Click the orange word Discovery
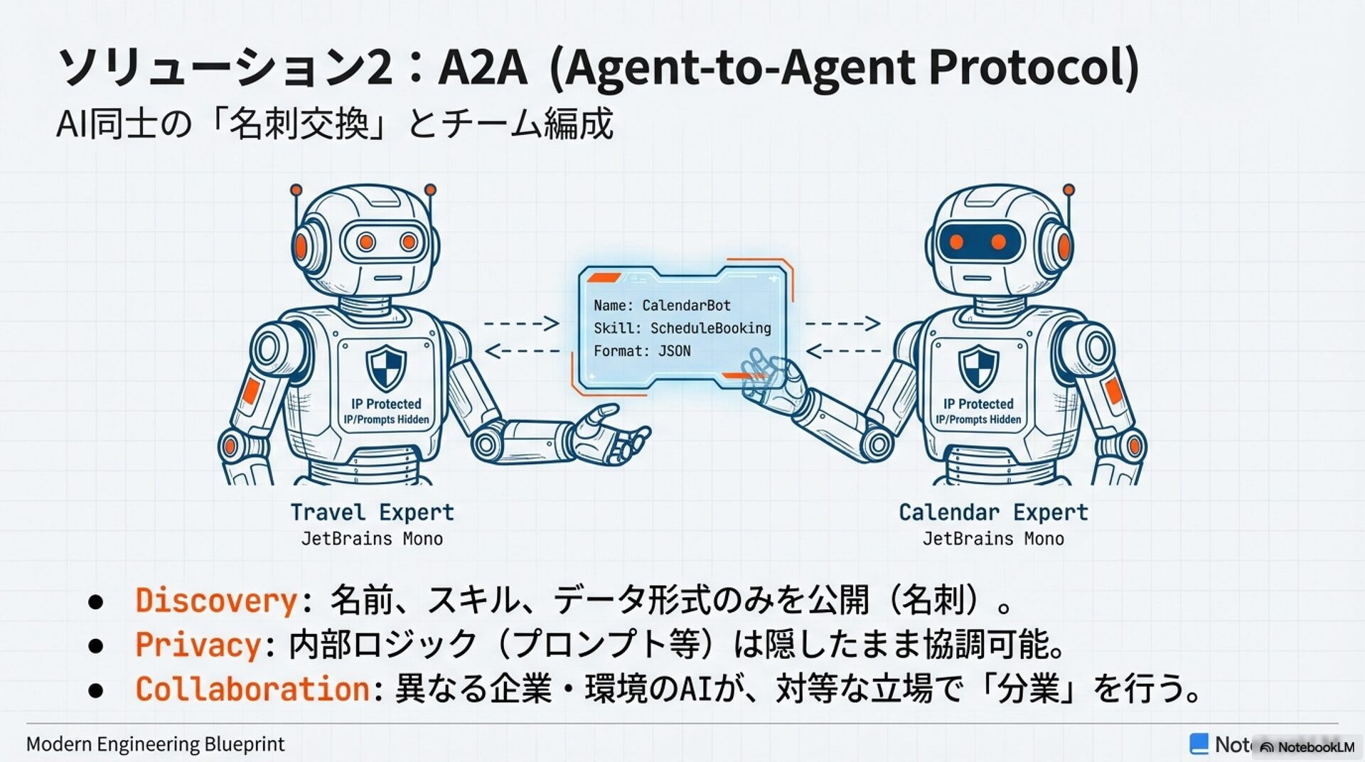pyautogui.click(x=216, y=601)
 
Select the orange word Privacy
pyautogui.click(x=198, y=645)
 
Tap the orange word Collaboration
pyautogui.click(x=252, y=689)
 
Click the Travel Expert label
pyautogui.click(x=372, y=513)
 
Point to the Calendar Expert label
pyautogui.click(x=993, y=513)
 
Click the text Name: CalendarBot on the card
pyautogui.click(x=662, y=306)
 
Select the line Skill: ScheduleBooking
pyautogui.click(x=682, y=328)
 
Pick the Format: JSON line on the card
pyautogui.click(x=642, y=351)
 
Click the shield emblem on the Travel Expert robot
pyautogui.click(x=386, y=368)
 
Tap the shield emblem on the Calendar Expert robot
pyautogui.click(x=978, y=368)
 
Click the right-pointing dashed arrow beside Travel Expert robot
pyautogui.click(x=521, y=323)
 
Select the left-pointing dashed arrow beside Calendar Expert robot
pyautogui.click(x=843, y=350)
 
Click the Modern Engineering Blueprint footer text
pyautogui.click(x=155, y=744)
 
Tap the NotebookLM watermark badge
pyautogui.click(x=1307, y=747)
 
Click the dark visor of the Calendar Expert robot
pyautogui.click(x=978, y=242)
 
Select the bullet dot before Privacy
pyautogui.click(x=96, y=645)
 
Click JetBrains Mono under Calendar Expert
pyautogui.click(x=993, y=539)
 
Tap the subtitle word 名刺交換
pyautogui.click(x=299, y=124)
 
